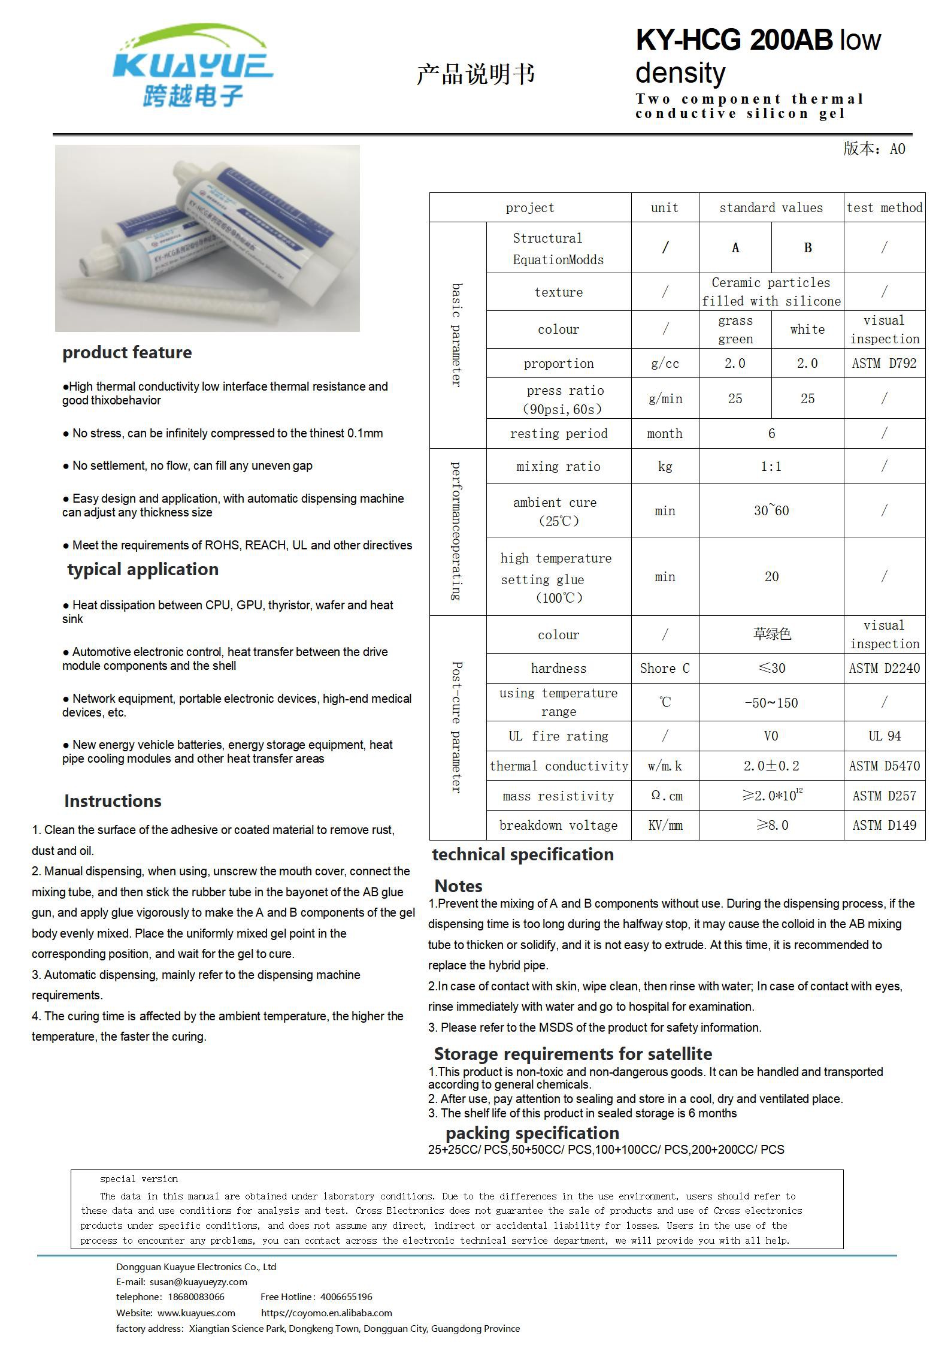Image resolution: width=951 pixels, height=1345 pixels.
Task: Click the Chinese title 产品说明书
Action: [476, 74]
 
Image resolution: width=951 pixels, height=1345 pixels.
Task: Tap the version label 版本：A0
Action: [874, 149]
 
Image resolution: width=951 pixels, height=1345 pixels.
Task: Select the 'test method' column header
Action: [884, 208]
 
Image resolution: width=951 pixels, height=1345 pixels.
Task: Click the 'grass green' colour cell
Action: [735, 330]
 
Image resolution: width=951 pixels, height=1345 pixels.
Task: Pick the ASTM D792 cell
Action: [884, 364]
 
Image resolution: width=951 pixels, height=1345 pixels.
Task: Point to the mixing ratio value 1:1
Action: [771, 467]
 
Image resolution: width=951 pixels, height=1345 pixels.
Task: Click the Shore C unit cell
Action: [665, 669]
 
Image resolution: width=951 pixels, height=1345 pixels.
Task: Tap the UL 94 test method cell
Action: [884, 736]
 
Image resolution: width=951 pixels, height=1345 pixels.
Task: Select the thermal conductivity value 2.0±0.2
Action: [771, 766]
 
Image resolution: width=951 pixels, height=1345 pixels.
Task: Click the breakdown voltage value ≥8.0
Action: [771, 826]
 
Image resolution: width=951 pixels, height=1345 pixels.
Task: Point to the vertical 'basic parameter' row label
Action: [457, 335]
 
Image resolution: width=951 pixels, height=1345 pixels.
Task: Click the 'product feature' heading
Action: [127, 352]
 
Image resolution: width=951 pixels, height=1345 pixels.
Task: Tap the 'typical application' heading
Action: [143, 569]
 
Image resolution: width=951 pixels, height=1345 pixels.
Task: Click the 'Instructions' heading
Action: [113, 801]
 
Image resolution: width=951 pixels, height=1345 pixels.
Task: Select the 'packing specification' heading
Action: [532, 1133]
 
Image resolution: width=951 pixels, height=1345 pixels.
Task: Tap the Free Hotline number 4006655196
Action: [346, 1296]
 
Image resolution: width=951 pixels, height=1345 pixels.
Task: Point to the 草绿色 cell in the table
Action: [771, 634]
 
